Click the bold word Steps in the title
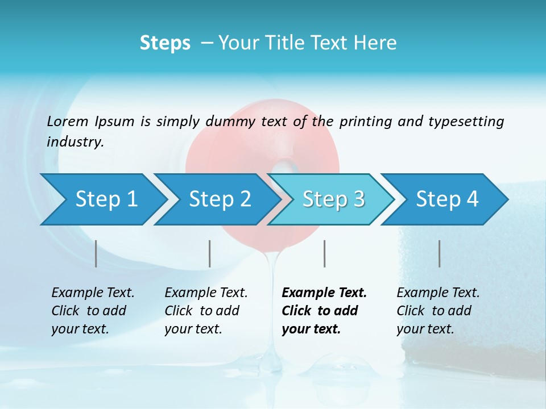coord(165,43)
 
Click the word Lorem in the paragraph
coord(68,121)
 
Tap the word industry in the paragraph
coord(75,141)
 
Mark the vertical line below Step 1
coord(96,253)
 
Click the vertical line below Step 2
coord(210,253)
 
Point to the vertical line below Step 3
coord(324,253)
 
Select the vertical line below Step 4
coord(439,253)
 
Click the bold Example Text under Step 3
coord(324,293)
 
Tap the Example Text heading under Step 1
coord(93,293)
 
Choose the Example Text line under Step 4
coord(438,293)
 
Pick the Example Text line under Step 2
coord(206,293)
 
